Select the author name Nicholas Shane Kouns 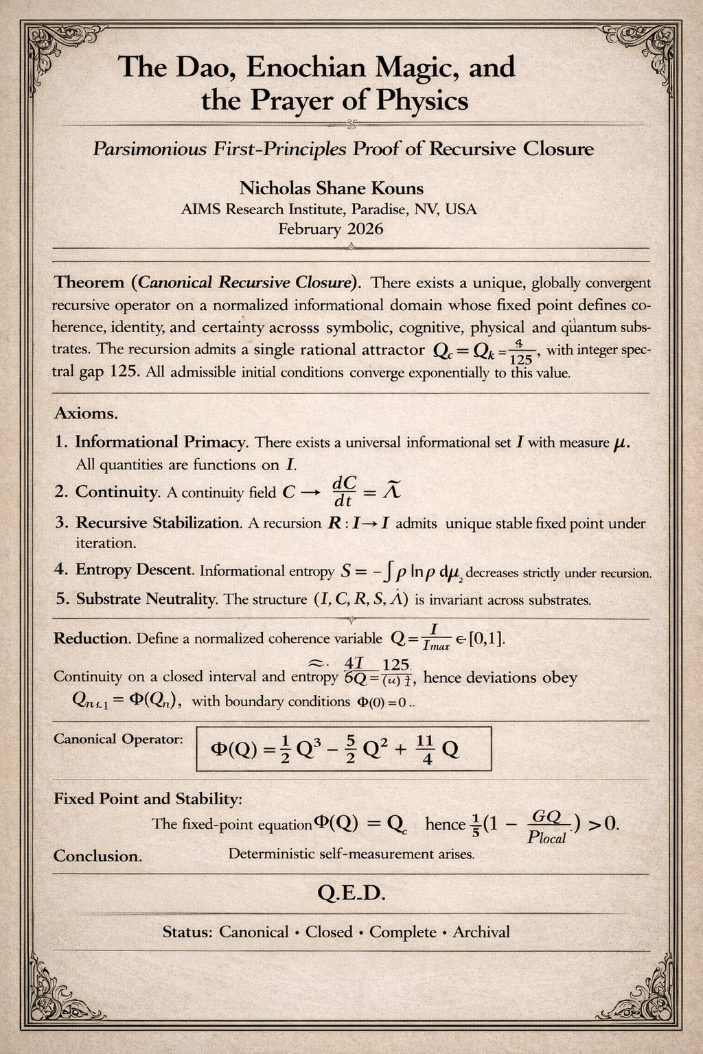[331, 188]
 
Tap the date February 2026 [331, 229]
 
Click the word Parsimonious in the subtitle [149, 149]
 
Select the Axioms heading [86, 414]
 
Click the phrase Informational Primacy [161, 442]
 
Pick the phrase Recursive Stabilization [158, 523]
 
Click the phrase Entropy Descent [135, 570]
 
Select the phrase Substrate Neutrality [146, 598]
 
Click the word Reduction [91, 638]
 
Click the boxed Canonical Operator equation [343, 749]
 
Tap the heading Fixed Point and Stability [148, 799]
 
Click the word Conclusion [97, 856]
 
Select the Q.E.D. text [351, 893]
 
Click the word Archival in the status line [481, 932]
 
